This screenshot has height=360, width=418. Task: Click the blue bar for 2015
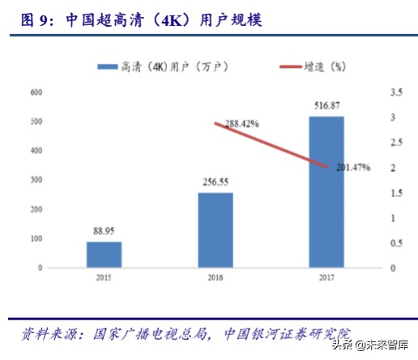(104, 254)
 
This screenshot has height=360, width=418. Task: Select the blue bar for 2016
(215, 229)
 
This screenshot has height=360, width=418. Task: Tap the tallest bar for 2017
(326, 191)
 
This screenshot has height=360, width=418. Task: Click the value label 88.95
(104, 232)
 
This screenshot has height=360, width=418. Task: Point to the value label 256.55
(215, 183)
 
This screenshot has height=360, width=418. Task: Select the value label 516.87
(326, 106)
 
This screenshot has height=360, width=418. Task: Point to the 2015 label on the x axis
(104, 277)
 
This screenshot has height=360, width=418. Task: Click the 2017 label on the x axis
(326, 277)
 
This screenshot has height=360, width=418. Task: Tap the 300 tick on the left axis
(36, 180)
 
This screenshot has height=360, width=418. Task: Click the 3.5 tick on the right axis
(395, 93)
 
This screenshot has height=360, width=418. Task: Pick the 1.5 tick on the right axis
(395, 193)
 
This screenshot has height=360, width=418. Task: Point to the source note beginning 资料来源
(186, 333)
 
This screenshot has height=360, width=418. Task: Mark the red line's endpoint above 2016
(215, 123)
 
